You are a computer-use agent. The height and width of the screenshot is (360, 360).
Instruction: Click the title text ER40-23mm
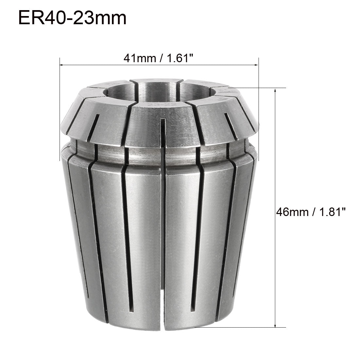[72, 18]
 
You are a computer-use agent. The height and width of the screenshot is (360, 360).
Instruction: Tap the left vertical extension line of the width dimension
[60, 98]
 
